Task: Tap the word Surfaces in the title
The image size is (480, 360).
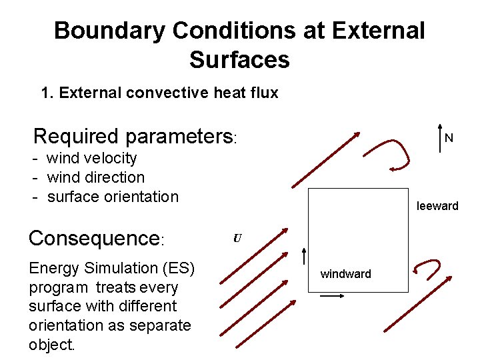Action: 239,60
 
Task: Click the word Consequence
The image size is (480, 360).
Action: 92,239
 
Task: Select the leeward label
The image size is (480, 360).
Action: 437,206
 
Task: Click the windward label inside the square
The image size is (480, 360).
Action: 345,274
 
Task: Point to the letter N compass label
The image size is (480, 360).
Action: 449,139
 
